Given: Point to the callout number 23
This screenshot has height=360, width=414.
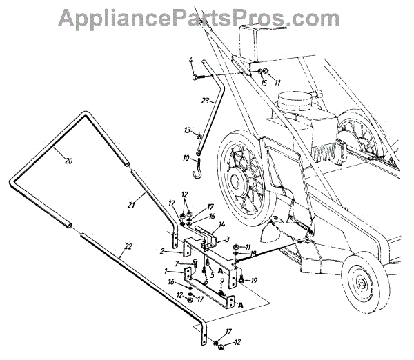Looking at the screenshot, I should pyautogui.click(x=205, y=100).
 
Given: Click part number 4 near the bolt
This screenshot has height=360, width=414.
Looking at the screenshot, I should pyautogui.click(x=191, y=65).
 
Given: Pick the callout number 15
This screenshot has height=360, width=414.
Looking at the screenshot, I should pyautogui.click(x=263, y=83).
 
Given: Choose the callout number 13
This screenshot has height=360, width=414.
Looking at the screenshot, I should pyautogui.click(x=186, y=129).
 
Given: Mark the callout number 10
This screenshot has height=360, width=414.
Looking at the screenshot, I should pyautogui.click(x=186, y=159).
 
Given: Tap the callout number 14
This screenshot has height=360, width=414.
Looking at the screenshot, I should pyautogui.click(x=223, y=224).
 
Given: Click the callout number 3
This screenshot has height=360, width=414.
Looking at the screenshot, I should pyautogui.click(x=227, y=239).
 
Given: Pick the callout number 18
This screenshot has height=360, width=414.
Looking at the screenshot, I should pyautogui.click(x=254, y=254).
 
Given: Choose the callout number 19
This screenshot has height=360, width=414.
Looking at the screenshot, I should pyautogui.click(x=254, y=280).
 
